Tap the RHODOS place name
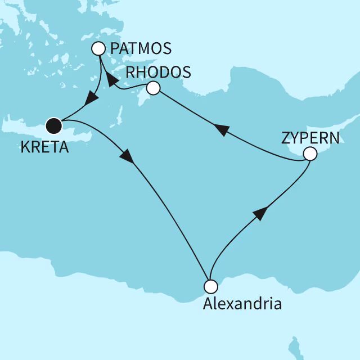click(x=158, y=73)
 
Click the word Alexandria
click(x=242, y=305)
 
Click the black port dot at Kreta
click(x=53, y=125)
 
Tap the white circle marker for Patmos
click(x=100, y=49)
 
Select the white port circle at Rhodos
click(x=152, y=88)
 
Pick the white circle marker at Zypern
click(x=309, y=154)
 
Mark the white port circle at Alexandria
click(x=210, y=286)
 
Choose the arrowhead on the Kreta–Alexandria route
click(x=128, y=157)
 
